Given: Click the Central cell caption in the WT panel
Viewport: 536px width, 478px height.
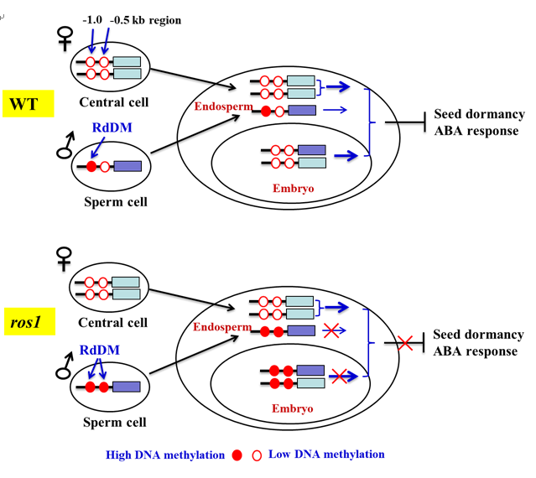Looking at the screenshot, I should (113, 103).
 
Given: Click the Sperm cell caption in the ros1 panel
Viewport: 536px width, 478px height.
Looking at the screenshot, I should (112, 422).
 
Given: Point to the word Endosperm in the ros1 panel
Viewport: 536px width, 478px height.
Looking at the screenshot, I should (222, 326).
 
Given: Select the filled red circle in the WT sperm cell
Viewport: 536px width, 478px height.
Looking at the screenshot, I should (92, 167).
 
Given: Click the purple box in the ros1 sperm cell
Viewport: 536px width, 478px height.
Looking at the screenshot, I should (127, 387).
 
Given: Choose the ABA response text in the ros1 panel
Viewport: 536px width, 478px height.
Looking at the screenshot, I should (476, 351).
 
